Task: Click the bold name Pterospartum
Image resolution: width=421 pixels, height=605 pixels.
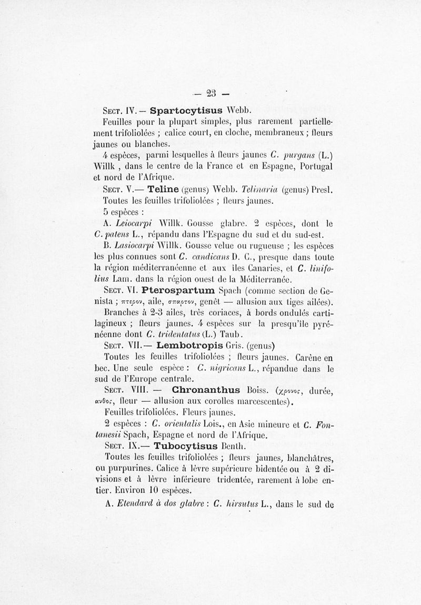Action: pos(178,290)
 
